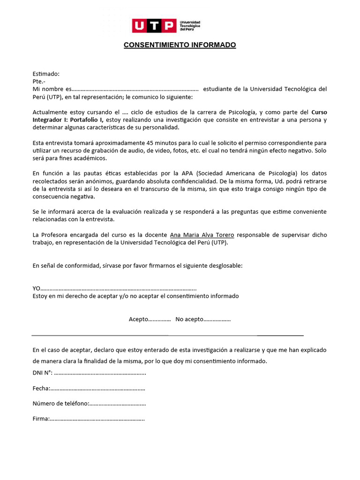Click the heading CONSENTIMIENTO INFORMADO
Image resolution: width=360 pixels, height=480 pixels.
pyautogui.click(x=180, y=45)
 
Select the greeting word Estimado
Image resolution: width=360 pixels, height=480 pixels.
pyautogui.click(x=45, y=74)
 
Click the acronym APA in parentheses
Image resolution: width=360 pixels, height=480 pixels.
pyautogui.click(x=194, y=173)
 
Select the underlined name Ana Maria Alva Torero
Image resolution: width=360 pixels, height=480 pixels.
pyautogui.click(x=202, y=234)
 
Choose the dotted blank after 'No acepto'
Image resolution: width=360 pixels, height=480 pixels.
pyautogui.click(x=217, y=319)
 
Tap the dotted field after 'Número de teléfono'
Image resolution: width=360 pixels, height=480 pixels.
pyautogui.click(x=117, y=404)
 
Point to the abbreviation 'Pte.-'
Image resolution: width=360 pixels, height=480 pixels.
pyautogui.click(x=39, y=82)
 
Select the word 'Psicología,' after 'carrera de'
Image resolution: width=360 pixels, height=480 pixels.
pyautogui.click(x=241, y=112)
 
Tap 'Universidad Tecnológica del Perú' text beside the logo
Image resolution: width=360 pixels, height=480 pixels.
pyautogui.click(x=190, y=26)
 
